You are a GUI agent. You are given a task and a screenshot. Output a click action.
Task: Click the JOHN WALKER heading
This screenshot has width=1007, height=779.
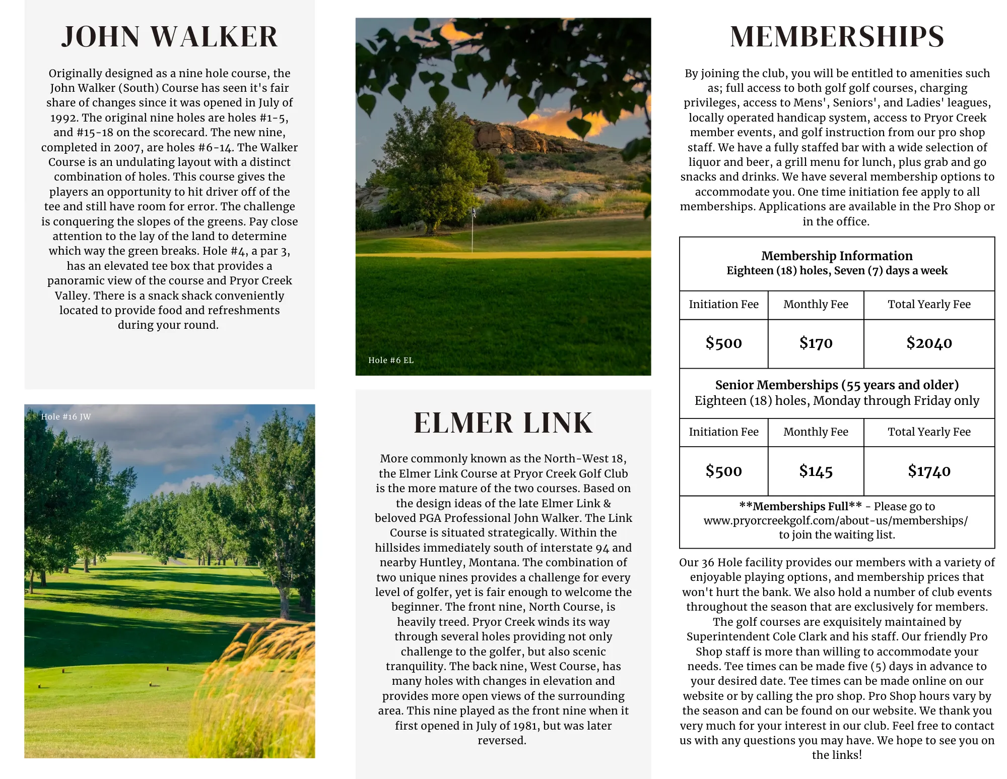coord(169,37)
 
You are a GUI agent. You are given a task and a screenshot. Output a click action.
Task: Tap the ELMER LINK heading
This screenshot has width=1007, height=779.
coord(503,423)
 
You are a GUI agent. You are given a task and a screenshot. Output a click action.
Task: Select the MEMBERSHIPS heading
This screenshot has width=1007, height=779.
coord(837,37)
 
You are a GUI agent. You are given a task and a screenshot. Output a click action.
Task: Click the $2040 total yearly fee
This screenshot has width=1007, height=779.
coord(929,343)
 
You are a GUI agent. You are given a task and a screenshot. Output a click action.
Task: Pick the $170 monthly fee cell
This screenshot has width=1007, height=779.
coord(816,343)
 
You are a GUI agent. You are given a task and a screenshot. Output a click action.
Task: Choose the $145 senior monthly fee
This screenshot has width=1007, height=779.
coord(816,471)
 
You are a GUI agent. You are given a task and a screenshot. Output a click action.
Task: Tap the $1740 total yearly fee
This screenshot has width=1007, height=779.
coord(929,471)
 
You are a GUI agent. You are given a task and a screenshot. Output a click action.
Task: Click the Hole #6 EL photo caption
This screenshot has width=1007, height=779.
coord(391,360)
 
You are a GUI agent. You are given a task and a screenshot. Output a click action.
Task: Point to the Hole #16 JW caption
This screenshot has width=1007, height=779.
coord(66,416)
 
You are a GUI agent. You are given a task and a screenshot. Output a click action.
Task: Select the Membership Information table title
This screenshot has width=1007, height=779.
coord(837,256)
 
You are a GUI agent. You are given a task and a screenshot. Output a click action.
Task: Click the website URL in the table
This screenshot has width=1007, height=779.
coord(835,520)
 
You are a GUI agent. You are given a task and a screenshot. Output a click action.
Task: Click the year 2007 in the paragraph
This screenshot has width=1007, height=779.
coord(127,147)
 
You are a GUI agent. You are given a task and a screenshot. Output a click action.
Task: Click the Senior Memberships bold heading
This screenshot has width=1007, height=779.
coord(837,385)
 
